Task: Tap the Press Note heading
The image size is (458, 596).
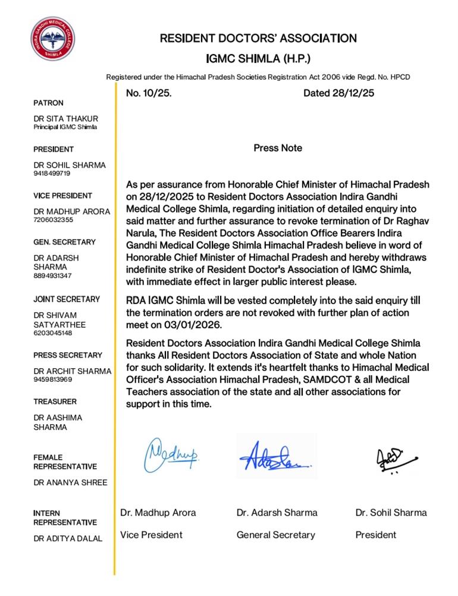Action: (x=278, y=148)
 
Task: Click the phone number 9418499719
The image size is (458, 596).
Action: (x=52, y=174)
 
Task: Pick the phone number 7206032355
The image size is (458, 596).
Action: (x=54, y=220)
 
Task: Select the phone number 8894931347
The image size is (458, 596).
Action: (x=54, y=276)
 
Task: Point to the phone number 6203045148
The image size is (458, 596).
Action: (x=54, y=333)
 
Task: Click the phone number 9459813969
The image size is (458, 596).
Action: (x=54, y=379)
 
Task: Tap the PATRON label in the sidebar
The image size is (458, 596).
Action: (x=49, y=103)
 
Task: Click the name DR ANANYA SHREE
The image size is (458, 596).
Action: (x=70, y=482)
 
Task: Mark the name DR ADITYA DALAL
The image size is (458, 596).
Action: (x=68, y=539)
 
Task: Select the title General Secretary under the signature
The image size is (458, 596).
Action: (x=275, y=535)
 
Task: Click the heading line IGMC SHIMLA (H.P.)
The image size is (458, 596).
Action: (x=258, y=59)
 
